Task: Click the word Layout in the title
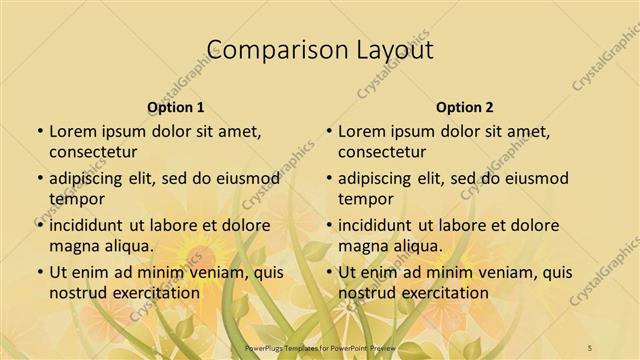392,49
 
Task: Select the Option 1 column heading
176,107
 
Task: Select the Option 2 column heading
465,107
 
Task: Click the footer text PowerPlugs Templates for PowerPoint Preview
320,347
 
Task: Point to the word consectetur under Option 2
382,152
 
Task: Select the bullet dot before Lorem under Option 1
39,131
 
